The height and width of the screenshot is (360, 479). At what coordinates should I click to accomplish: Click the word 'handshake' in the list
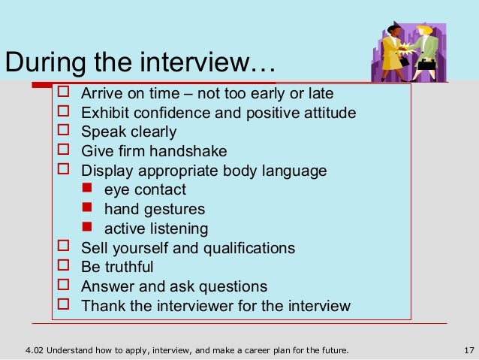click(x=191, y=151)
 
